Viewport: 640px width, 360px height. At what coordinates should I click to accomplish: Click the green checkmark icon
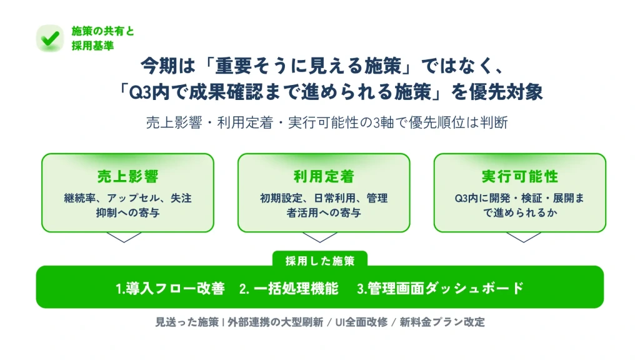50,38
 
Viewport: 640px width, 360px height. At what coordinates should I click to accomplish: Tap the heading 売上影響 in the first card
127,176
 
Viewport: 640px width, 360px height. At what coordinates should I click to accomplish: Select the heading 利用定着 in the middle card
324,176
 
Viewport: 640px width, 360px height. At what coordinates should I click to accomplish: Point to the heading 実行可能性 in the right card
520,176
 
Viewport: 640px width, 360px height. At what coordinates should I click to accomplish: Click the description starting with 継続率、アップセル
127,206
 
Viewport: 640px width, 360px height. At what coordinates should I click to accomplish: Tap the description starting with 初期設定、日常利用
324,206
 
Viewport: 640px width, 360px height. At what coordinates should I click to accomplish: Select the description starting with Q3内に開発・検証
520,206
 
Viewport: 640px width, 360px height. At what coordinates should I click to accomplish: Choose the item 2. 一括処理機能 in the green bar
289,288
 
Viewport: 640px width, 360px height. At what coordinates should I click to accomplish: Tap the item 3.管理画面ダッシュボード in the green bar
440,288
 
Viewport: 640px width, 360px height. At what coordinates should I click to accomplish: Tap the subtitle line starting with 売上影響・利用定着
327,122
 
